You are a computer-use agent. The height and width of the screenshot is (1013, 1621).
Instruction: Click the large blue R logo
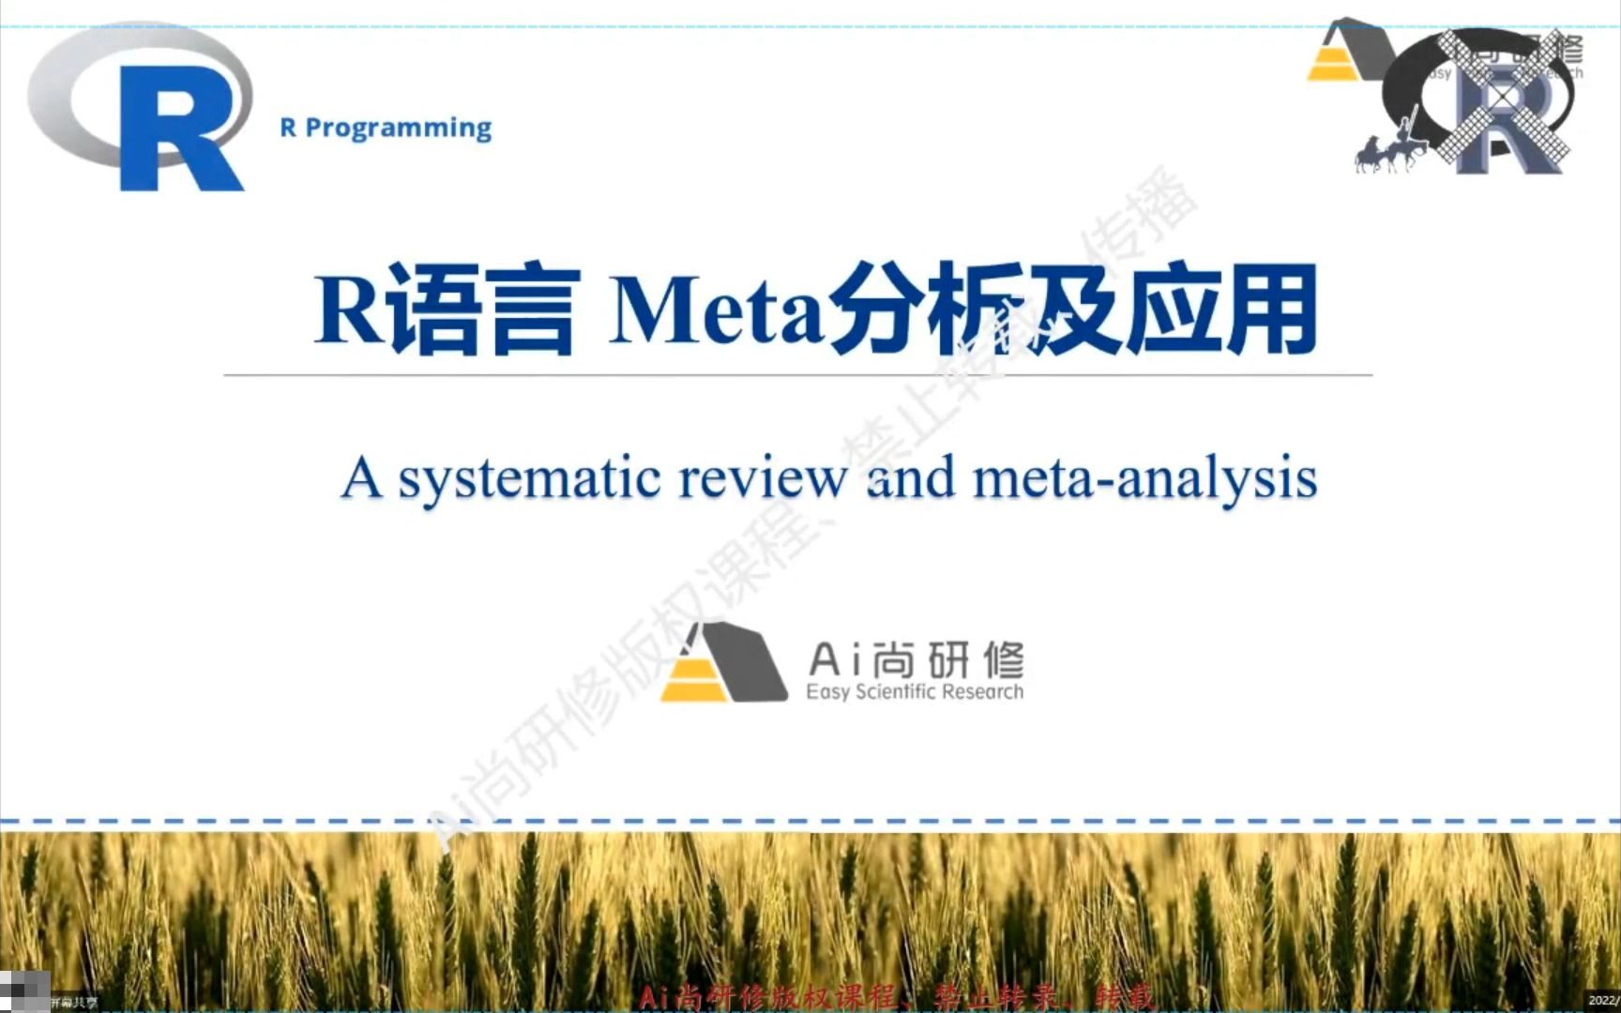(178, 127)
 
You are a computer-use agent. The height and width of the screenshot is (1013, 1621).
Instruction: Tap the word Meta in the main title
(718, 310)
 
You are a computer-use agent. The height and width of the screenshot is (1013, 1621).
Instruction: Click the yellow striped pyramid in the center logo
(692, 677)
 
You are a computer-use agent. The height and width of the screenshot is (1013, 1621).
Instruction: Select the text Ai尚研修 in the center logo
(916, 660)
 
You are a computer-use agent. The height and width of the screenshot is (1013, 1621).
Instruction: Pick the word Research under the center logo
(982, 692)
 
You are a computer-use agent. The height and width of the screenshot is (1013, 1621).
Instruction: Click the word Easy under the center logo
(827, 692)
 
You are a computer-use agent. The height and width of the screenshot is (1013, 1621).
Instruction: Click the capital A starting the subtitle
(362, 478)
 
